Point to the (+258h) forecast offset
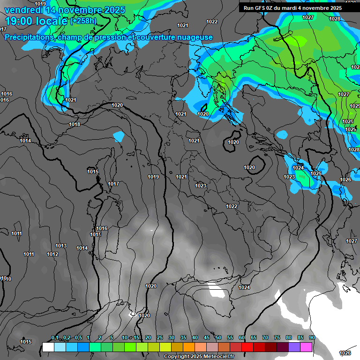point(83,21)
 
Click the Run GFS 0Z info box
point(293,7)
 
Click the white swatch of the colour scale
point(48,347)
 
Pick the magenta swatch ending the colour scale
point(307,347)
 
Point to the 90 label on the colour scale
point(312,338)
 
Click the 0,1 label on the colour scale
point(55,338)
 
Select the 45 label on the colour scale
point(207,338)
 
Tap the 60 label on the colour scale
point(242,338)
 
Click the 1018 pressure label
point(75,124)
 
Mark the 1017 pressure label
point(113,184)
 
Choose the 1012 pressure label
point(52,254)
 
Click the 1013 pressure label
point(61,246)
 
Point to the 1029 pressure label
point(354,106)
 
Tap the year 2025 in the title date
point(114,10)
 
